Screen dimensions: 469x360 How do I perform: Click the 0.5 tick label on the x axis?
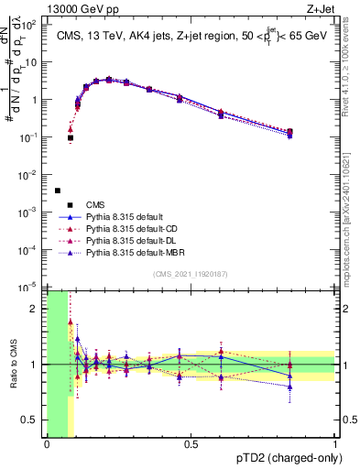pos(191,444)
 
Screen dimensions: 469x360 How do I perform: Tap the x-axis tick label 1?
pos(335,444)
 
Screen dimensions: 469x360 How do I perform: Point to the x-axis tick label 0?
pos(47,444)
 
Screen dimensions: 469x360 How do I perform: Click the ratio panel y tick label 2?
pos(38,309)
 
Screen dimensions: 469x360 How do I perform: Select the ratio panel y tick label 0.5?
pos(33,420)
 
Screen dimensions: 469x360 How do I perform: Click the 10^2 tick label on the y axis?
pos(32,26)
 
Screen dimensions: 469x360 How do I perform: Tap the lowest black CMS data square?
pos(58,191)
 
